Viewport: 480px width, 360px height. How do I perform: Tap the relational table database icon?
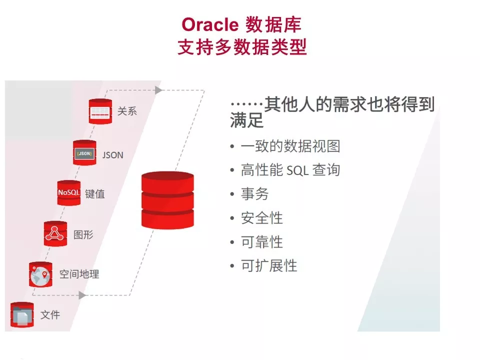tap(100, 111)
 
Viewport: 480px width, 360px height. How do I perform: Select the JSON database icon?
tap(84, 153)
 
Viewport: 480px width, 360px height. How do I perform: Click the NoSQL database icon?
tap(68, 192)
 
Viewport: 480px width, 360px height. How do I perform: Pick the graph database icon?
tap(55, 233)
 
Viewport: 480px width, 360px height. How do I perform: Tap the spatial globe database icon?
tap(40, 274)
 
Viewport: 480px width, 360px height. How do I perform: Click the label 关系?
tap(127, 111)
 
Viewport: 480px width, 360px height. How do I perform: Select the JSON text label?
tap(112, 154)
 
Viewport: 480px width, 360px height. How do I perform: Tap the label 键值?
tap(95, 194)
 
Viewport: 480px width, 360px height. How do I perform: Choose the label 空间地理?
tap(79, 274)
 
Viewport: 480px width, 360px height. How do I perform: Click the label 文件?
tap(50, 315)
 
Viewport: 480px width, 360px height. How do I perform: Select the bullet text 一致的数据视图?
tap(290, 146)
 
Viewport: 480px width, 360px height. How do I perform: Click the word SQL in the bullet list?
tap(298, 170)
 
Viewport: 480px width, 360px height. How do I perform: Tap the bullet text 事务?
tap(254, 194)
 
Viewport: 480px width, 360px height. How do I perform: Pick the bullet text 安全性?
tap(261, 218)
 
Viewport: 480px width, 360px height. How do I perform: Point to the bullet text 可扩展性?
tap(268, 265)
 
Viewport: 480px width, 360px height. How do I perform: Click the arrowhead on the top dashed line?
tap(158, 90)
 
